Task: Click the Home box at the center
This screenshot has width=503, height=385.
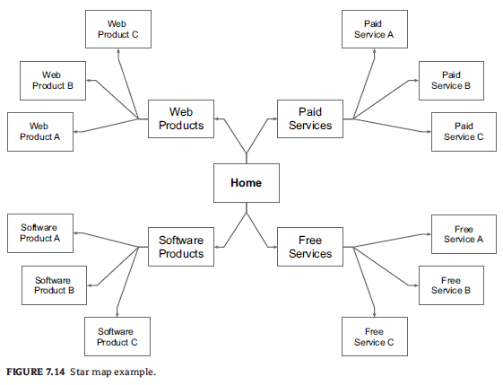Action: [x=247, y=183]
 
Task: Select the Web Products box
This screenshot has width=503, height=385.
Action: [x=181, y=118]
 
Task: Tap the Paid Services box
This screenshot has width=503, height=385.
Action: [x=310, y=118]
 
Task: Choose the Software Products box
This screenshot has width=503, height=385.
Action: [x=181, y=247]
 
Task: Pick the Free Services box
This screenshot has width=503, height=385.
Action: [x=310, y=247]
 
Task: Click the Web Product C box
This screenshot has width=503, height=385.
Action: [x=118, y=30]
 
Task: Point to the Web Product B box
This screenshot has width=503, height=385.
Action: [x=53, y=81]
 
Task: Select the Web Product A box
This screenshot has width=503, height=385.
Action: [x=40, y=132]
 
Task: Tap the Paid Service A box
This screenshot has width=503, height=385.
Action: [x=375, y=30]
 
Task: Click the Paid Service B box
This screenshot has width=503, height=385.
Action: [x=451, y=81]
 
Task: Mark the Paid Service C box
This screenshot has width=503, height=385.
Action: [x=464, y=132]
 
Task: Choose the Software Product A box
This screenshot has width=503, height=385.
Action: [x=40, y=233]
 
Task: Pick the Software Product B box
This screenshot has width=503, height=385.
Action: [x=54, y=285]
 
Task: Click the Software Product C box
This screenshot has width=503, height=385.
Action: [x=117, y=337]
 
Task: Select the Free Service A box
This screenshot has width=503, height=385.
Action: [x=464, y=234]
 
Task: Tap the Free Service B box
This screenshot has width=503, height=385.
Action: [x=451, y=285]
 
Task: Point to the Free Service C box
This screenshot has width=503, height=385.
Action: [x=375, y=337]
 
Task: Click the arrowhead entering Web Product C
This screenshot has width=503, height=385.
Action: [x=118, y=51]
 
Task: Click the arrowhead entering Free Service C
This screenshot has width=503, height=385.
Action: [x=375, y=315]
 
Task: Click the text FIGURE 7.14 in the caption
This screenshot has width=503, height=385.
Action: [x=36, y=372]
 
